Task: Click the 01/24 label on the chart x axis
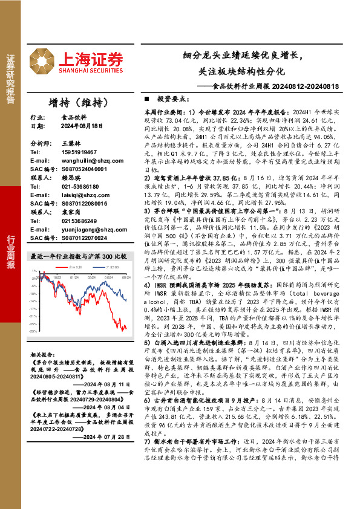click(x=76, y=277)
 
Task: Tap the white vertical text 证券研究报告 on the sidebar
click(x=10, y=80)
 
